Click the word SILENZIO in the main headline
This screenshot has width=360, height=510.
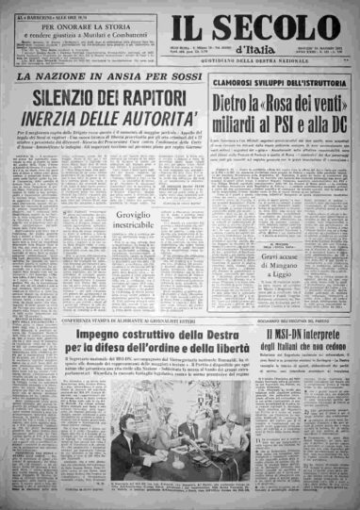coord(73,96)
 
